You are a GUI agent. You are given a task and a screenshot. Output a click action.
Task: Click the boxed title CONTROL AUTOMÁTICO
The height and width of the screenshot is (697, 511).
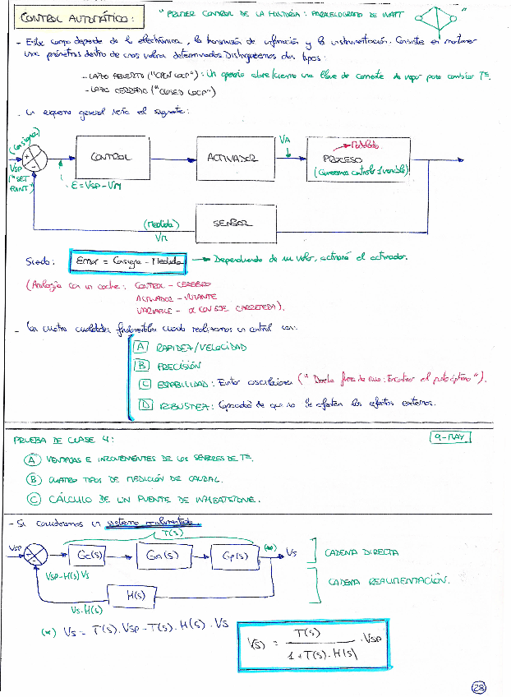[x=80, y=17]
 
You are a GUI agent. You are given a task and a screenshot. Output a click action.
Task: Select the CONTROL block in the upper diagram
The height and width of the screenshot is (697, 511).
[x=109, y=159]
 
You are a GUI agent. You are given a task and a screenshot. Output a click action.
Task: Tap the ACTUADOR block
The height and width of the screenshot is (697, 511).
[x=235, y=159]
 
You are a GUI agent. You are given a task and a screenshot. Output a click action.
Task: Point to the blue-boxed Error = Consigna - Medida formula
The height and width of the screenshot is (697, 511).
[x=128, y=261]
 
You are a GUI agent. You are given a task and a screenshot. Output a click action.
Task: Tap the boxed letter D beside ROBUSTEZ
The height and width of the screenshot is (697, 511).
[x=145, y=404]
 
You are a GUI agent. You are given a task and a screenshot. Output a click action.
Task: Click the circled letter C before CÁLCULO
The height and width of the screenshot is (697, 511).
[x=34, y=498]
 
